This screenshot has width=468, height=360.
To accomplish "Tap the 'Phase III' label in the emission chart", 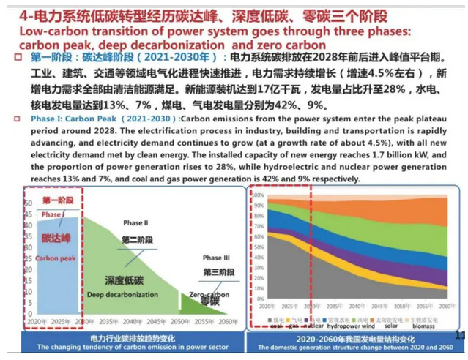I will coord(215,258).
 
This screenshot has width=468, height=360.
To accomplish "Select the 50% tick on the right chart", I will coord(257,252).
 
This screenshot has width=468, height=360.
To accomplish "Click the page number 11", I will coord(460,335).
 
